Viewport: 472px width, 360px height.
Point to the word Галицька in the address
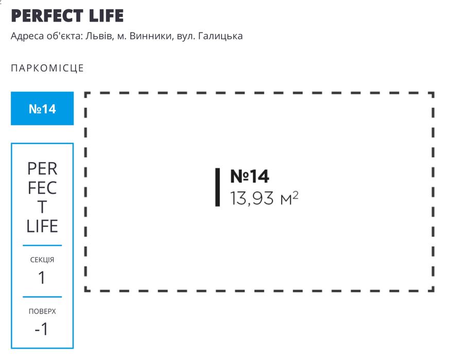point(220,37)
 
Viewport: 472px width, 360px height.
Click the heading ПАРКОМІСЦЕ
point(47,68)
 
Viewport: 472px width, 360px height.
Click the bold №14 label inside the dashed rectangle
point(249,176)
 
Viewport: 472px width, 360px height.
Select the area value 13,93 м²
point(264,198)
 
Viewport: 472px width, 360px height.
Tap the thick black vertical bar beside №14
point(218,187)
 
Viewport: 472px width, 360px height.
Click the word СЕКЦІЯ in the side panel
point(42,260)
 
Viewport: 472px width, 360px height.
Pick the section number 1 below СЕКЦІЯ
point(42,278)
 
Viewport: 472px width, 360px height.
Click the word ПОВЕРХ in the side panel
point(42,311)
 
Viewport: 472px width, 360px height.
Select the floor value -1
point(42,329)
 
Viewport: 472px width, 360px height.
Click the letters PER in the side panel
point(42,169)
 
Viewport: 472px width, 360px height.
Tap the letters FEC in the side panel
point(42,188)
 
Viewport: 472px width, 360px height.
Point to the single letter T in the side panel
point(42,207)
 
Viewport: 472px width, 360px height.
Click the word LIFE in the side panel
point(42,226)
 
